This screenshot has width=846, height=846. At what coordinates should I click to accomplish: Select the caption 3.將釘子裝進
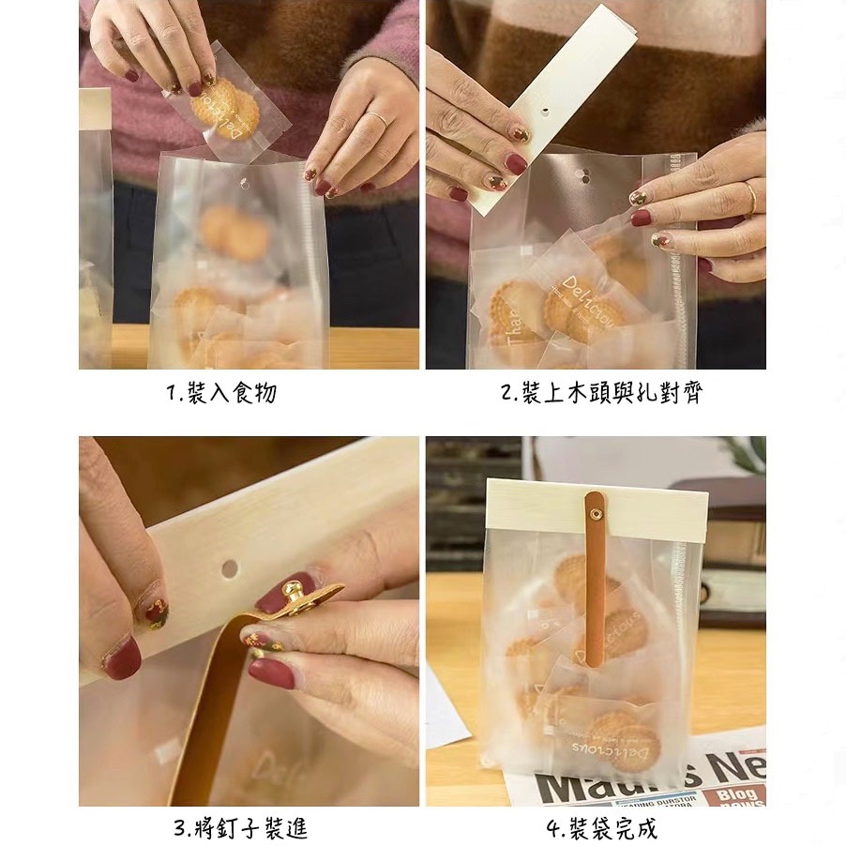(240, 829)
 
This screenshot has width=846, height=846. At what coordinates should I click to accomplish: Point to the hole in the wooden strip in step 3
(230, 567)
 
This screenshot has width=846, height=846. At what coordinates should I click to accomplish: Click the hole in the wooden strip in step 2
(547, 110)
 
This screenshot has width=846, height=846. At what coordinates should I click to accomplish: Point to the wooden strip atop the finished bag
(597, 510)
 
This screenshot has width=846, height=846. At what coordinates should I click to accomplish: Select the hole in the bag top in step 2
(583, 174)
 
